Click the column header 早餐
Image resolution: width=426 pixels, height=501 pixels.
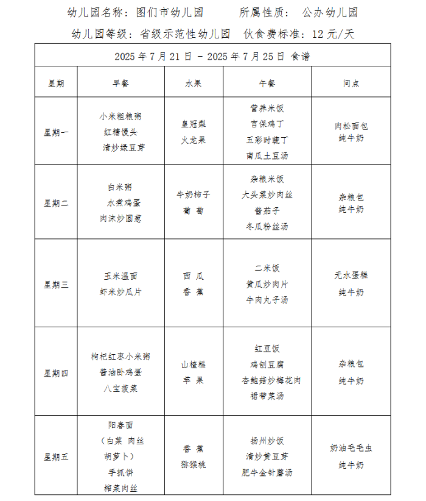pyautogui.click(x=120, y=83)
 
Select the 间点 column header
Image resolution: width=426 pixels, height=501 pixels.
pyautogui.click(x=351, y=83)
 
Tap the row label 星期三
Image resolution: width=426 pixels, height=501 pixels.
pyautogui.click(x=56, y=284)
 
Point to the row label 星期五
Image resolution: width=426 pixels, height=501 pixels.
pyautogui.click(x=56, y=457)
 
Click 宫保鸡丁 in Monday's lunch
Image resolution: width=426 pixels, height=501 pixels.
pyautogui.click(x=267, y=124)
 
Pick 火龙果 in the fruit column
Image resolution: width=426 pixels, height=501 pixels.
pyautogui.click(x=193, y=140)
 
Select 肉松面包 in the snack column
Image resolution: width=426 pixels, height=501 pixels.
pyautogui.click(x=351, y=126)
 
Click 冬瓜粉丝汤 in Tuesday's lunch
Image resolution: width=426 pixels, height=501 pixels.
pyautogui.click(x=267, y=226)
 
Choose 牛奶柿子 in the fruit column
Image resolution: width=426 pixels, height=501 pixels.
pyautogui.click(x=193, y=195)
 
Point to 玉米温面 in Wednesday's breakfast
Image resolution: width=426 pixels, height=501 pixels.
pyautogui.click(x=120, y=276)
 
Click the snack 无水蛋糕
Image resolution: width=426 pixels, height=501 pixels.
pyautogui.click(x=351, y=275)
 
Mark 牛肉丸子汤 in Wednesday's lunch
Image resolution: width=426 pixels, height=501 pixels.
pyautogui.click(x=267, y=300)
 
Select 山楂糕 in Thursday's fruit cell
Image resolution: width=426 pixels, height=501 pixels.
pyautogui.click(x=193, y=364)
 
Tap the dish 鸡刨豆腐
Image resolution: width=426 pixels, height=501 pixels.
pyautogui.click(x=267, y=364)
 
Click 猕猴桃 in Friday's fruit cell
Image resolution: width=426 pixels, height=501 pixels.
pyautogui.click(x=193, y=464)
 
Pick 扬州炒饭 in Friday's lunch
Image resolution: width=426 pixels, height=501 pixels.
pyautogui.click(x=267, y=441)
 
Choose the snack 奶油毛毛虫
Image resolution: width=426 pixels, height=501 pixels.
pyautogui.click(x=351, y=448)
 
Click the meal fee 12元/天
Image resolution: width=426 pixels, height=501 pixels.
pyautogui.click(x=332, y=34)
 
